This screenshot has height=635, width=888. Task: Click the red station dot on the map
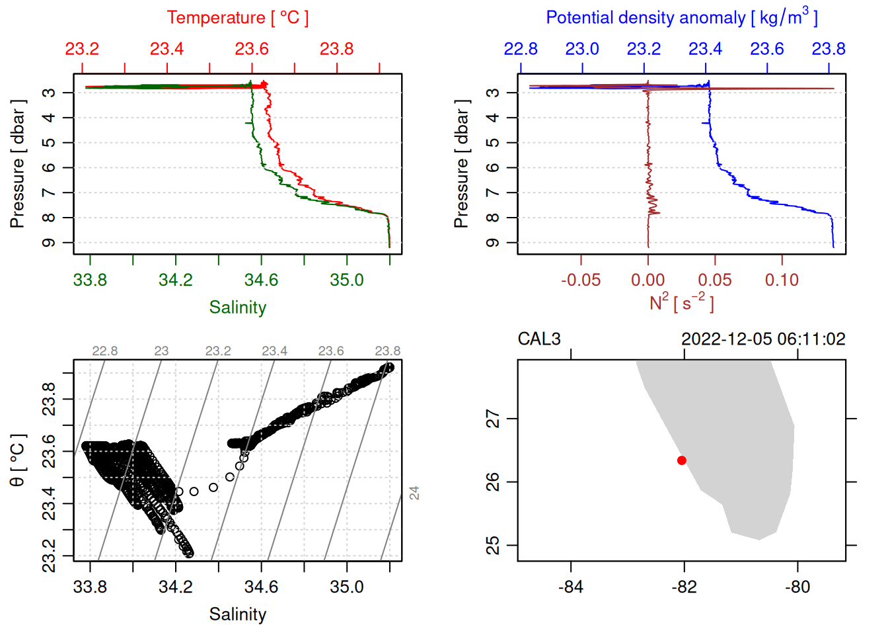coord(682,460)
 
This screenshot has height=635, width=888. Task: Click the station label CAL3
coord(539,339)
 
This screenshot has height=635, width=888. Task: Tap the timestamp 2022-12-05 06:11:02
coord(763,339)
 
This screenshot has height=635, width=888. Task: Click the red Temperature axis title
coord(238,18)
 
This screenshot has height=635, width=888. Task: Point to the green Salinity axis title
coord(238,308)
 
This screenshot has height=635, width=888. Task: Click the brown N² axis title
coord(682,303)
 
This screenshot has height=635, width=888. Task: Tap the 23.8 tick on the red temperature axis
coord(337,49)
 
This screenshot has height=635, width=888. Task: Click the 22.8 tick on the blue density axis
coord(521,49)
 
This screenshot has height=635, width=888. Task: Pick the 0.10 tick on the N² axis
coord(782,280)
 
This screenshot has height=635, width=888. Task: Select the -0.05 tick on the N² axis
coord(581,280)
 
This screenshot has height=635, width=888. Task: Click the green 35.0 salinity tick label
coord(347,280)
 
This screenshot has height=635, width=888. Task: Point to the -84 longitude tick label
coord(571,587)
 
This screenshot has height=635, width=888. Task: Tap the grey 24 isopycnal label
coord(414,493)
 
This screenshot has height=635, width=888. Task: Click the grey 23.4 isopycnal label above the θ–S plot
coord(274,351)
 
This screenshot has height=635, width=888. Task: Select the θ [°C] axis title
coord(17,460)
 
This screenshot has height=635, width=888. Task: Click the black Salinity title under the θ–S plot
coord(238,614)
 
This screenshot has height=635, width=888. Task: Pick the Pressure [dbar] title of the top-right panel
coord(461,164)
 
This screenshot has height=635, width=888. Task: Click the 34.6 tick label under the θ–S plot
coord(261,587)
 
